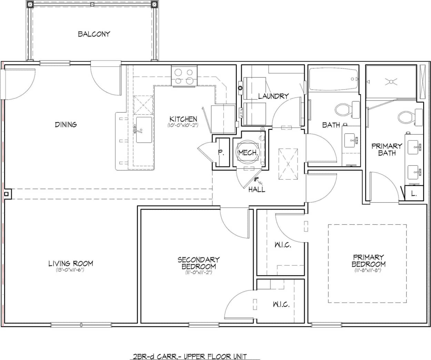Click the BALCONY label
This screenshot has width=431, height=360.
pyautogui.click(x=94, y=34)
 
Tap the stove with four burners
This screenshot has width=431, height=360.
pyautogui.click(x=184, y=76)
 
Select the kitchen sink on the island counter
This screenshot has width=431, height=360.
pyautogui.click(x=144, y=130)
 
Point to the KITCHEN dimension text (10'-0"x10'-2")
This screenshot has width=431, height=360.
pyautogui.click(x=183, y=125)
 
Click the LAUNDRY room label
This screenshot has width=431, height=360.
pyautogui.click(x=273, y=96)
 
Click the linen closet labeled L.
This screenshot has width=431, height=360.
pyautogui.click(x=414, y=194)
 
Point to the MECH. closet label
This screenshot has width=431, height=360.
pyautogui.click(x=248, y=152)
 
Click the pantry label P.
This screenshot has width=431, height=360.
pyautogui.click(x=221, y=153)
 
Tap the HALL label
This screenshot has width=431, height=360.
pyautogui.click(x=257, y=189)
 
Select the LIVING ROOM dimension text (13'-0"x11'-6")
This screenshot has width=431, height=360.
pyautogui.click(x=70, y=270)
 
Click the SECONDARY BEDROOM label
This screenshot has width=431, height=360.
pyautogui.click(x=198, y=263)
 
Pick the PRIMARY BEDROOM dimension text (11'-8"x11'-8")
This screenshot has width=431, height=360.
pyautogui.click(x=368, y=270)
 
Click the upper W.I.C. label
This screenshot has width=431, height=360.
pyautogui.click(x=283, y=245)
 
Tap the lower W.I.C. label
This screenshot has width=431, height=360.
pyautogui.click(x=281, y=305)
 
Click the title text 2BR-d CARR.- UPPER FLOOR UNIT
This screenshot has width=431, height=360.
pyautogui.click(x=190, y=356)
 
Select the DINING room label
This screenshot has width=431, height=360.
pyautogui.click(x=66, y=124)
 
